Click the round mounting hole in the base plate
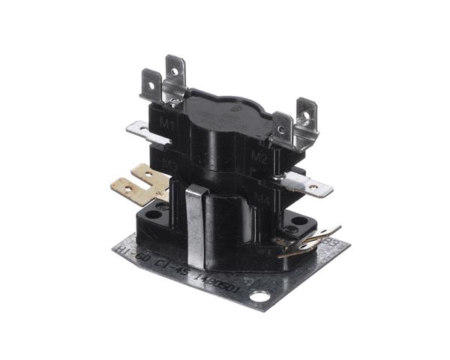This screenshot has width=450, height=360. [x=259, y=298]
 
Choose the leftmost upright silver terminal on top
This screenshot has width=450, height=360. [x=151, y=85]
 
